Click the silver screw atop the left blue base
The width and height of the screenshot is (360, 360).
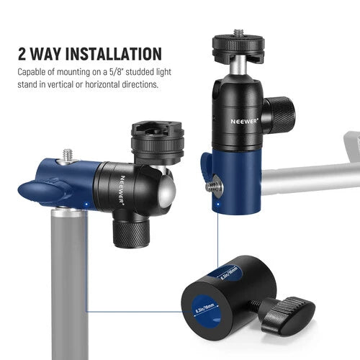[68, 154]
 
